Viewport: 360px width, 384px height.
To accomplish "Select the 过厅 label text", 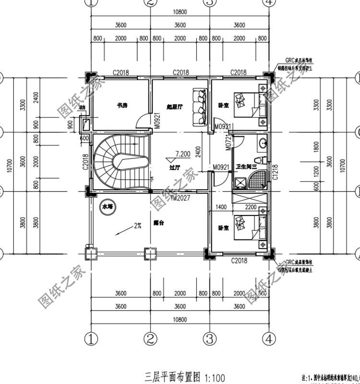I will pos(174,168).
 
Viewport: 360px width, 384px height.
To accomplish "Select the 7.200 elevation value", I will pos(183,154).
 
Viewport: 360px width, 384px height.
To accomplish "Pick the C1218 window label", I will pos(275,172).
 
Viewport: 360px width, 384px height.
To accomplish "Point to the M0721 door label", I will pos(228,143).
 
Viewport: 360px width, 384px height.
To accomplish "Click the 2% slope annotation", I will pos(136,225).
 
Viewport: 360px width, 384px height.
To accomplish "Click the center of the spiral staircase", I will pos(123,161).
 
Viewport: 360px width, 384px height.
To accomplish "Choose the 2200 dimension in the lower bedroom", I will pos(251,207).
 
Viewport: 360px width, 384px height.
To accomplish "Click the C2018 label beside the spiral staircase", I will pos(85,162).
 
